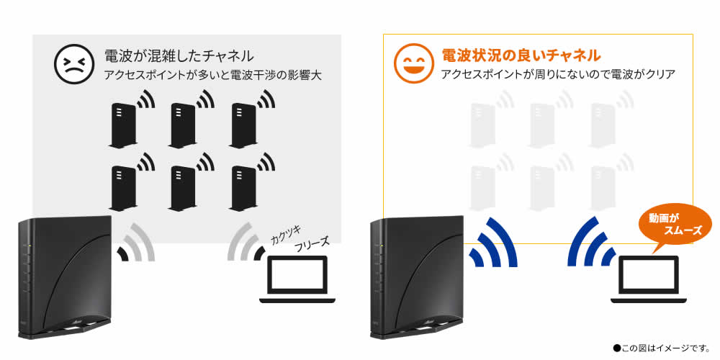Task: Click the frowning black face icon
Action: (x=74, y=63)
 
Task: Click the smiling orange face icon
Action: (x=413, y=63)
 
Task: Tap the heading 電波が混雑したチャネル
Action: (x=179, y=56)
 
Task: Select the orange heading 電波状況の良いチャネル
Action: (x=521, y=55)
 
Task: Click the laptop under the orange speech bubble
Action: (x=649, y=279)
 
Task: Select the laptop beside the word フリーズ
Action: (x=297, y=279)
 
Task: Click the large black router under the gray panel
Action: (x=65, y=277)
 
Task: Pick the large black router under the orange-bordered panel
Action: (x=416, y=277)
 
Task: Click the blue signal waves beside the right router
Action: (x=493, y=242)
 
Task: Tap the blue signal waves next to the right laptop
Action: (x=592, y=242)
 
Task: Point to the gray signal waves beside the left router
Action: (x=136, y=242)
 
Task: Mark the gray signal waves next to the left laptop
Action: (x=246, y=242)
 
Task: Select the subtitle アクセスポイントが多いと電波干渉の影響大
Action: (x=212, y=76)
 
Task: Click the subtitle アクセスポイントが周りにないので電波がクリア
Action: (x=558, y=74)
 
